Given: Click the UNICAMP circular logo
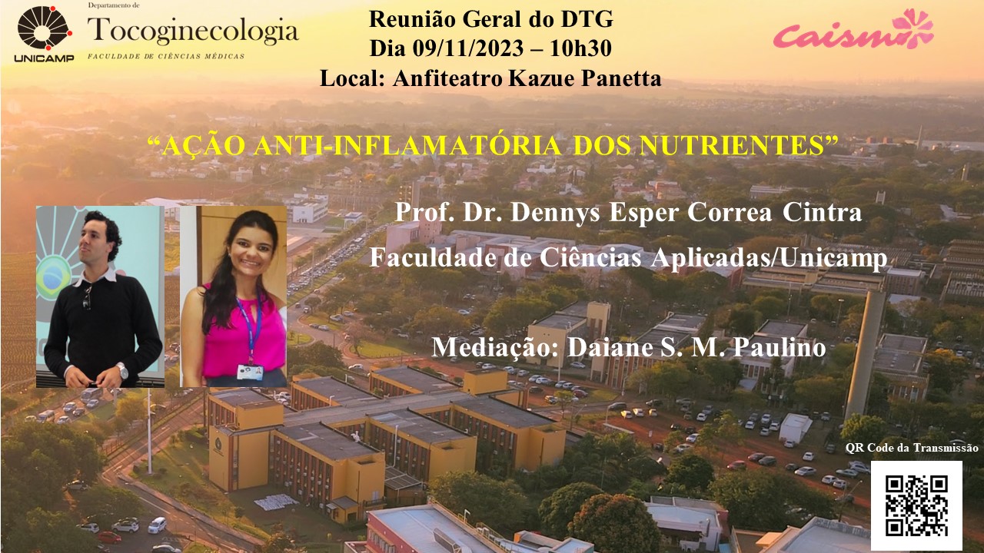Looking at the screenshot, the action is click(x=45, y=28).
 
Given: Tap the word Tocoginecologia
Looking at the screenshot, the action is click(x=193, y=31).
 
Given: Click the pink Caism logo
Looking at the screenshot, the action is click(x=853, y=29).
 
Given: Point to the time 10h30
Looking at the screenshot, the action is click(x=580, y=48).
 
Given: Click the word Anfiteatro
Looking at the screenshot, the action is click(x=447, y=78).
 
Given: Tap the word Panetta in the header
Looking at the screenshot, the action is click(x=621, y=78).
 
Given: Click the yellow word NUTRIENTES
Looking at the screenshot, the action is click(x=732, y=145).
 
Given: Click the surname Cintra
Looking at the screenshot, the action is click(x=822, y=213).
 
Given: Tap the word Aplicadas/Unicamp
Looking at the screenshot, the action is click(x=769, y=258).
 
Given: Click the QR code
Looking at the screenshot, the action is click(x=916, y=505).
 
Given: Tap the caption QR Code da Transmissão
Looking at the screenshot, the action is click(x=912, y=448).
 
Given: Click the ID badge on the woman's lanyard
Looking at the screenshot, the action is click(x=250, y=372).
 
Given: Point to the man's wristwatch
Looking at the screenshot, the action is click(x=122, y=371).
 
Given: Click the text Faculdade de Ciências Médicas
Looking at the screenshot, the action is click(x=166, y=56).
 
